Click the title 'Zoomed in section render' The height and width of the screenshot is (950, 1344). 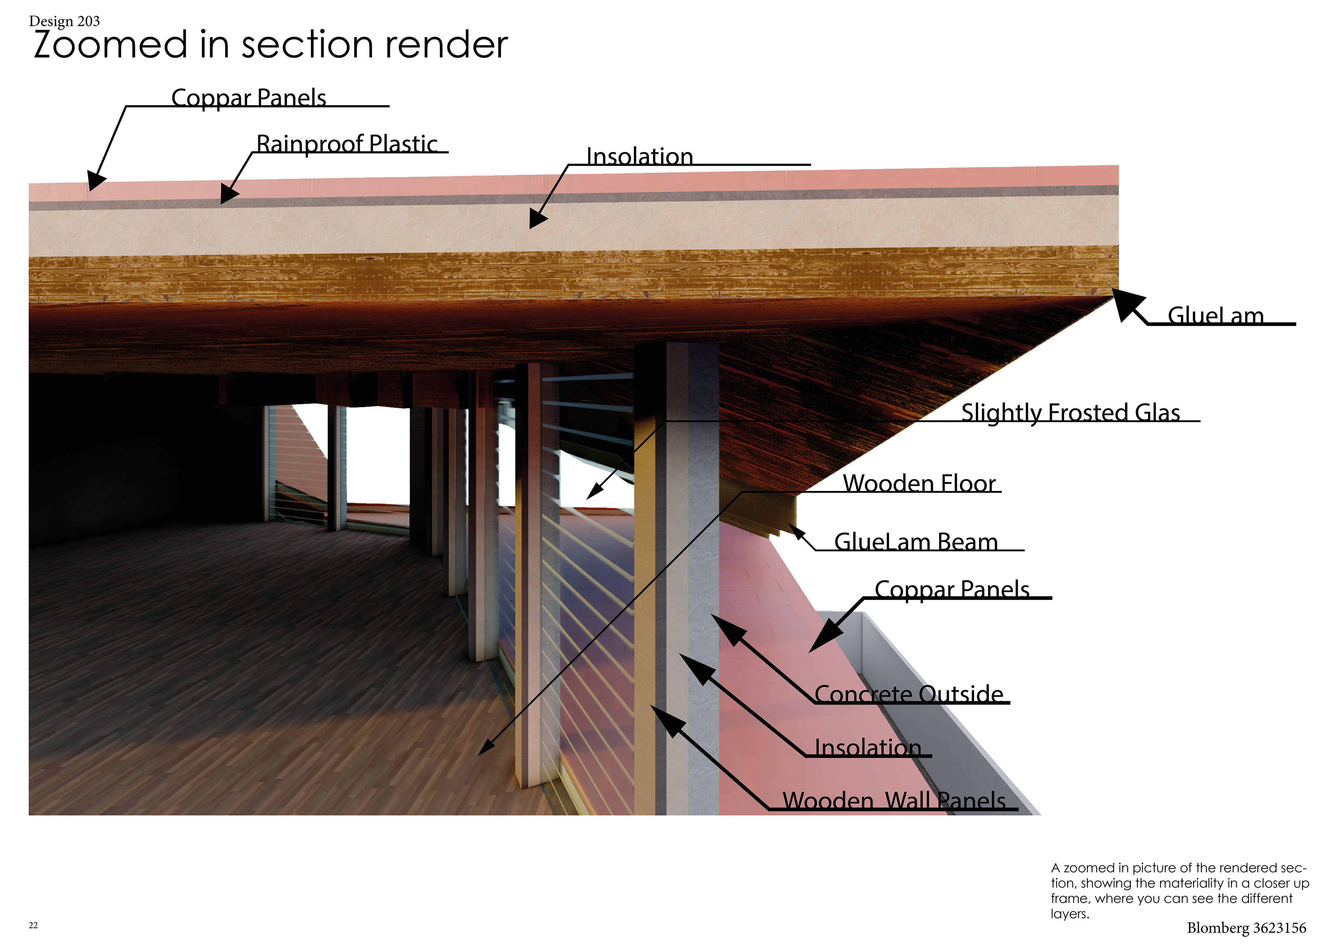pyautogui.click(x=271, y=45)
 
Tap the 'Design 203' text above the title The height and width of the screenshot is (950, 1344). pyautogui.click(x=64, y=21)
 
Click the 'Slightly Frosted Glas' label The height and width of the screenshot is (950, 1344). pyautogui.click(x=1070, y=412)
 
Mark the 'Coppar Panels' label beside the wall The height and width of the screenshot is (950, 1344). pyautogui.click(x=952, y=590)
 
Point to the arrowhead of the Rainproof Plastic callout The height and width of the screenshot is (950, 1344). pyautogui.click(x=228, y=194)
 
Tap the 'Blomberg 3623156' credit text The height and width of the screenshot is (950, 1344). pyautogui.click(x=1246, y=928)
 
